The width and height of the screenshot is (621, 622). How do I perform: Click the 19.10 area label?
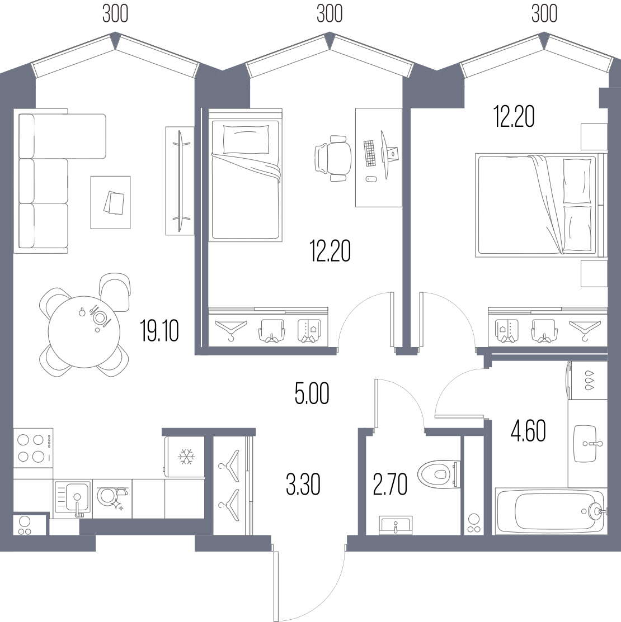pos(159,331)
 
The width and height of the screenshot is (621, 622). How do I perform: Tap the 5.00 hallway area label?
pos(312,393)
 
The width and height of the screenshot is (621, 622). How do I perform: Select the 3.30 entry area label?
pos(303,485)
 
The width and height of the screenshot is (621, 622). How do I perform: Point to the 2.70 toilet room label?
pos(391,485)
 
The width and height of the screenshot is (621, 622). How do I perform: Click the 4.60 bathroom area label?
pos(528,431)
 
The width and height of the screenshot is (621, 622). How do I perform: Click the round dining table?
pos(84,332)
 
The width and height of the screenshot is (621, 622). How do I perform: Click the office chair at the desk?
pos(333,158)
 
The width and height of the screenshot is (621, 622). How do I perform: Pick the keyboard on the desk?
pos(370,153)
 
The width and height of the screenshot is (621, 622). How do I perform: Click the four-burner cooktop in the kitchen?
pos(33,448)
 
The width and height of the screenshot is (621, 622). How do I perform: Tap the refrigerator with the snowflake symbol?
pos(184,457)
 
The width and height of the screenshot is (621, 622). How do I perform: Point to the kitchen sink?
pos(73,499)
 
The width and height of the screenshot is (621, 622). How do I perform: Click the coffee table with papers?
pos(110,202)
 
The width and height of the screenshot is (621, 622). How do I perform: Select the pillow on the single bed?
pos(246,139)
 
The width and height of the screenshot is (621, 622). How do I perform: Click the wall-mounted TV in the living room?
pos(180,181)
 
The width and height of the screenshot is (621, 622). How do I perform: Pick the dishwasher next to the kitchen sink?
pos(112,498)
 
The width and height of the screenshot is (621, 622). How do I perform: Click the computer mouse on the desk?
pos(371,179)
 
